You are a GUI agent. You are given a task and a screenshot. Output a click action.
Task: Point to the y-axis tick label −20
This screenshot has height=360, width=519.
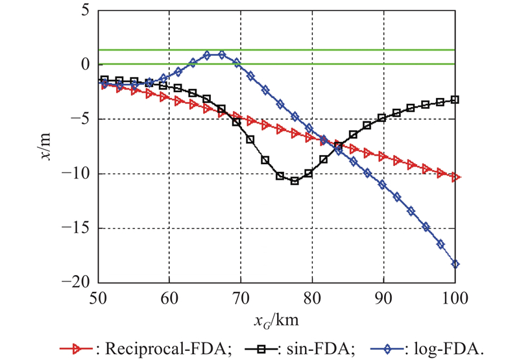pyautogui.click(x=77, y=283)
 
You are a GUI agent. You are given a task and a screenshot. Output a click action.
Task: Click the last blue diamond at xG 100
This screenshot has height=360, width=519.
pyautogui.click(x=455, y=264)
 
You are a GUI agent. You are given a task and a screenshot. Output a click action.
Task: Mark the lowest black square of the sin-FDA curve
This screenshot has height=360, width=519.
pyautogui.click(x=295, y=181)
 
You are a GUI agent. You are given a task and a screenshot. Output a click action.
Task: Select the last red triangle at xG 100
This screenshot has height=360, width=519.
pyautogui.click(x=455, y=176)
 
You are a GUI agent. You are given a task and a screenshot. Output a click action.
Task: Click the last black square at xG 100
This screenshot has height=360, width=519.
pyautogui.click(x=455, y=99)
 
